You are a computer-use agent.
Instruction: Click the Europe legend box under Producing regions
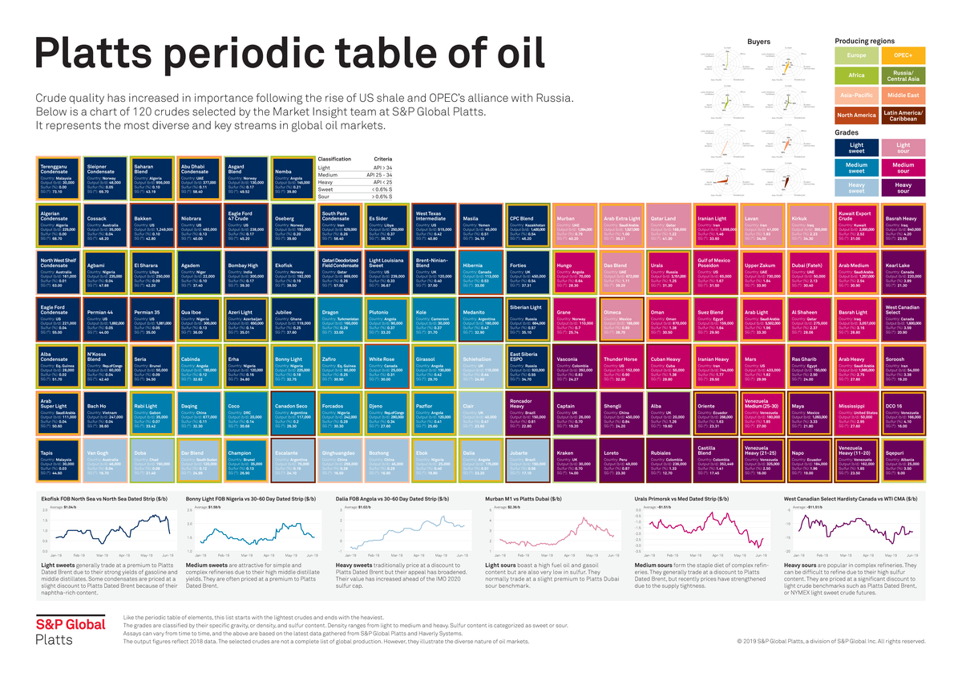click(856, 55)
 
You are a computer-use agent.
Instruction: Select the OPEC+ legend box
click(903, 55)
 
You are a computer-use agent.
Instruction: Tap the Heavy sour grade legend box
click(903, 188)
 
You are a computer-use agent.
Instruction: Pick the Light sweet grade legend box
click(856, 147)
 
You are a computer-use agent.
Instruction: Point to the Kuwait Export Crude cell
click(857, 225)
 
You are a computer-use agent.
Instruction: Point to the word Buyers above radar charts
click(758, 40)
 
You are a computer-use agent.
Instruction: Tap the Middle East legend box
click(903, 95)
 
